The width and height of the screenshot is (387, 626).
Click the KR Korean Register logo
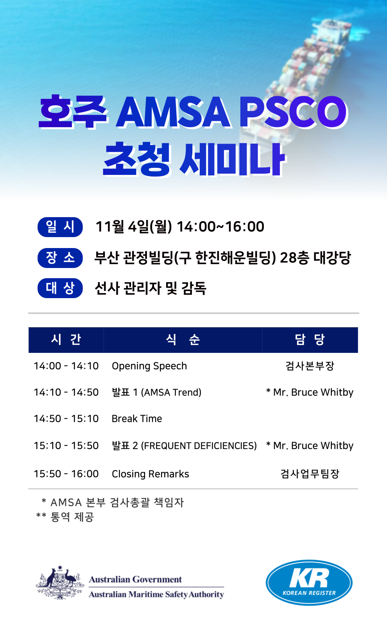[x=309, y=582]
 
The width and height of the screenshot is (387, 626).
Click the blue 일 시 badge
[x=60, y=227]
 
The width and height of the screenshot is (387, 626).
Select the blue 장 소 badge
[x=60, y=258]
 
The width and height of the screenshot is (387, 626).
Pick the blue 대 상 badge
[x=60, y=288]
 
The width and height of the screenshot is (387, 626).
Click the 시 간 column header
[x=66, y=340]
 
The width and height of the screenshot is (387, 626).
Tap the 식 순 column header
[x=183, y=340]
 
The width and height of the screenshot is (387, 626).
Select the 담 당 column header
[x=310, y=340]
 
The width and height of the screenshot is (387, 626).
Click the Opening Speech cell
[x=149, y=366]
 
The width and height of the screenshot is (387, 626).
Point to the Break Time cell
[x=137, y=419]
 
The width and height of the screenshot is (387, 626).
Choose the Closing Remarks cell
[x=150, y=474]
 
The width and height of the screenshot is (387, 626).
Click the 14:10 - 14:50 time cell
[x=66, y=392]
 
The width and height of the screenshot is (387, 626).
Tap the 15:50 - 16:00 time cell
[x=66, y=474]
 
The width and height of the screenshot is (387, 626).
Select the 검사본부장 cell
[x=310, y=366]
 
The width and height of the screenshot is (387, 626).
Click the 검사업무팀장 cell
[x=310, y=474]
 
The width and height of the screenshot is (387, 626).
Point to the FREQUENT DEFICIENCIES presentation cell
[x=184, y=446]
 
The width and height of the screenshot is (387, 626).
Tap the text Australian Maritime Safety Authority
[x=156, y=594]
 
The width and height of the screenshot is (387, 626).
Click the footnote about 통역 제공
[x=65, y=517]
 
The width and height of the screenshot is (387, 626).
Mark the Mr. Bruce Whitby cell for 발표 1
[x=310, y=392]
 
